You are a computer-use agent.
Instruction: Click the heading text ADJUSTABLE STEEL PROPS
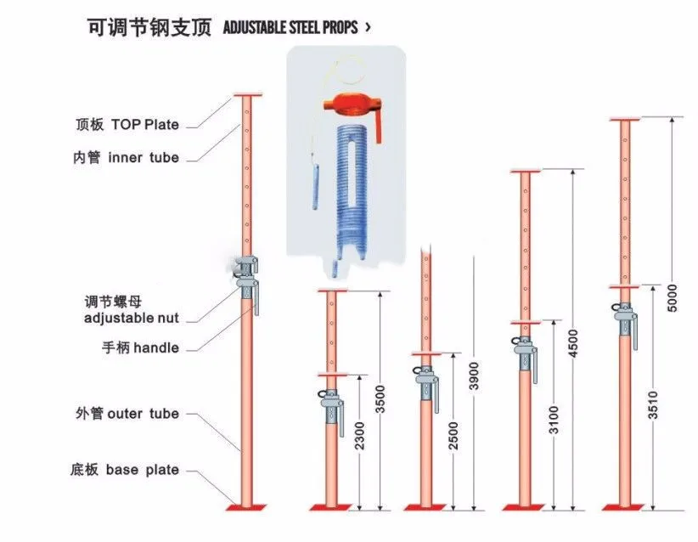tap(291, 27)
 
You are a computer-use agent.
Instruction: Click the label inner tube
tap(127, 157)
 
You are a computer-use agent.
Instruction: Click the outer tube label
tap(127, 414)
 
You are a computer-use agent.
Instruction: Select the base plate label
tap(125, 470)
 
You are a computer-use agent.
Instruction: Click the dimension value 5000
tap(673, 294)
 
